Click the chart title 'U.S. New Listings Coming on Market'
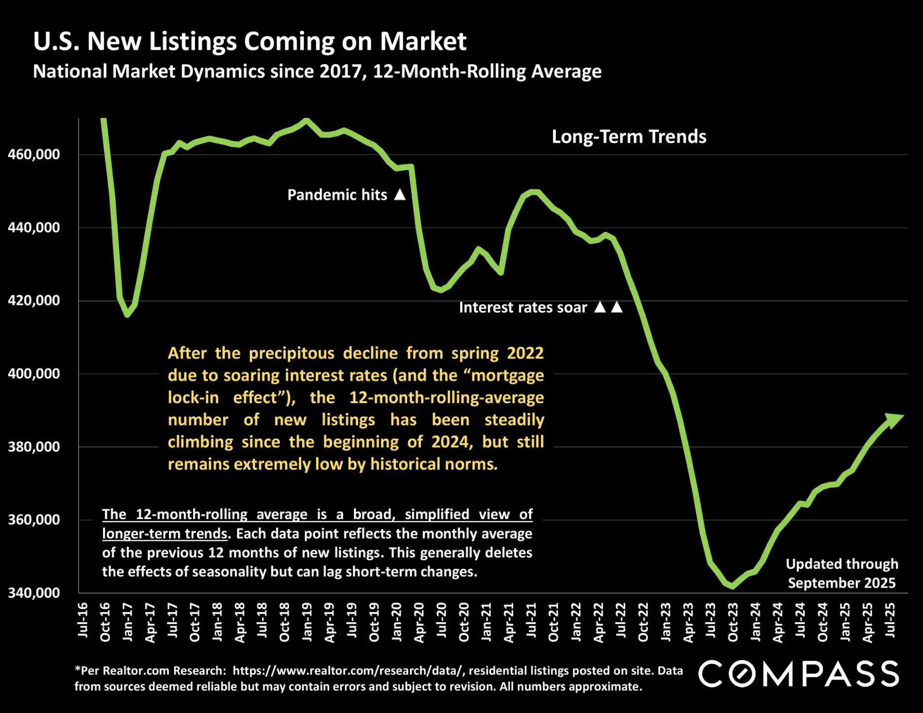(x=249, y=41)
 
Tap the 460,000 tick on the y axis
(x=34, y=154)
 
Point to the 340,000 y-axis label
(x=34, y=593)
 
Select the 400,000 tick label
(x=34, y=374)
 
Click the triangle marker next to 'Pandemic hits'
(x=400, y=194)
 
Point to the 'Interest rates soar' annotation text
(x=523, y=307)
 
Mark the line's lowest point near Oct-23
(x=732, y=586)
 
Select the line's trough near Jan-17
(x=127, y=314)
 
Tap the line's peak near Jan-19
(x=307, y=120)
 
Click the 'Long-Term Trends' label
(x=629, y=137)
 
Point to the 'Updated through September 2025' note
(x=842, y=573)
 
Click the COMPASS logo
(x=798, y=674)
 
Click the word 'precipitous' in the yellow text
(x=291, y=353)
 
